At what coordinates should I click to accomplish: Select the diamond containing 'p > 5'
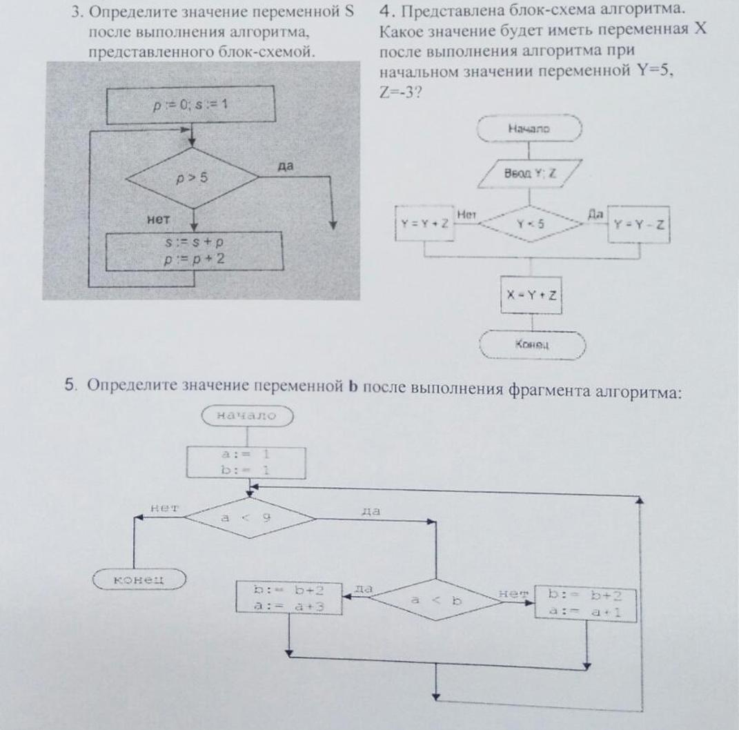(x=192, y=178)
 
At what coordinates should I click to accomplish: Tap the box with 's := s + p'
(x=195, y=251)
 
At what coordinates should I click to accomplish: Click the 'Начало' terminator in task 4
(x=529, y=128)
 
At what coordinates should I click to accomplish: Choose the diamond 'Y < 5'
(x=530, y=224)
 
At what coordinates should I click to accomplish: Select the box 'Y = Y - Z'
(x=638, y=224)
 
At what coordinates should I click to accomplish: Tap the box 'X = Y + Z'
(x=531, y=295)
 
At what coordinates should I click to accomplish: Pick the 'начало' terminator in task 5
(x=246, y=415)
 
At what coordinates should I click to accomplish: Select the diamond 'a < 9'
(x=239, y=517)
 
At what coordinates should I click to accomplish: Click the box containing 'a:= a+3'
(x=289, y=599)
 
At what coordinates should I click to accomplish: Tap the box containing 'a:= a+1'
(x=586, y=603)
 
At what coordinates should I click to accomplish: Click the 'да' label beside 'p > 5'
(x=284, y=166)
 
